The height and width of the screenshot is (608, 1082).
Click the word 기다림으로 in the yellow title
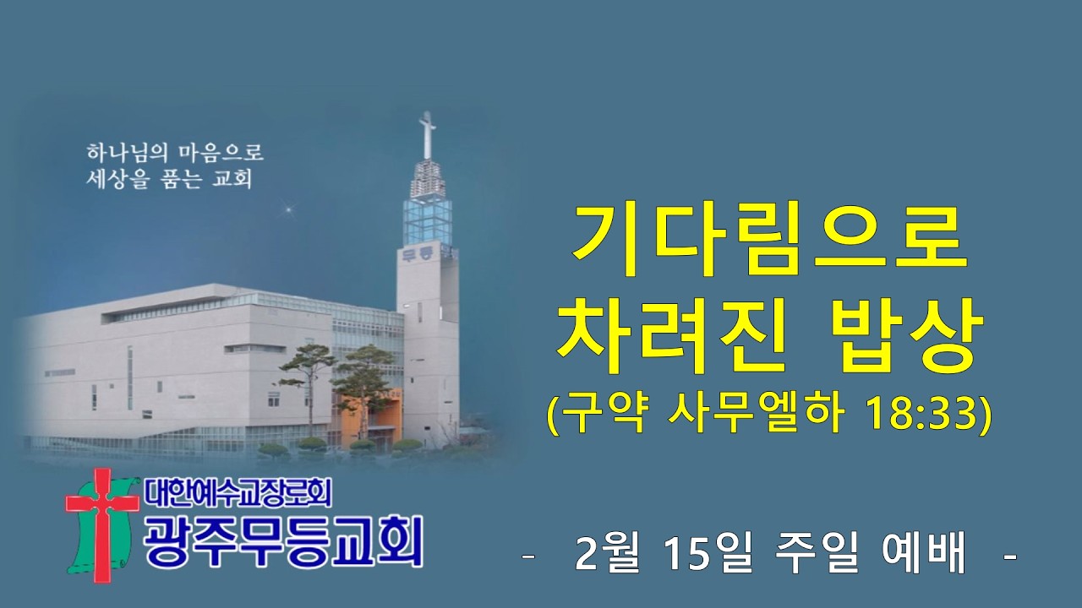pyautogui.click(x=768, y=238)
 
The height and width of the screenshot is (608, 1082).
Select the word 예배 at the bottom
pyautogui.click(x=929, y=556)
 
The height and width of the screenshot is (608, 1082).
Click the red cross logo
pyautogui.click(x=102, y=523)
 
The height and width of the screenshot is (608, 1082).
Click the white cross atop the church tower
pyautogui.click(x=428, y=135)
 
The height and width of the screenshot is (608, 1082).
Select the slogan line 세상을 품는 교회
pyautogui.click(x=170, y=180)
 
